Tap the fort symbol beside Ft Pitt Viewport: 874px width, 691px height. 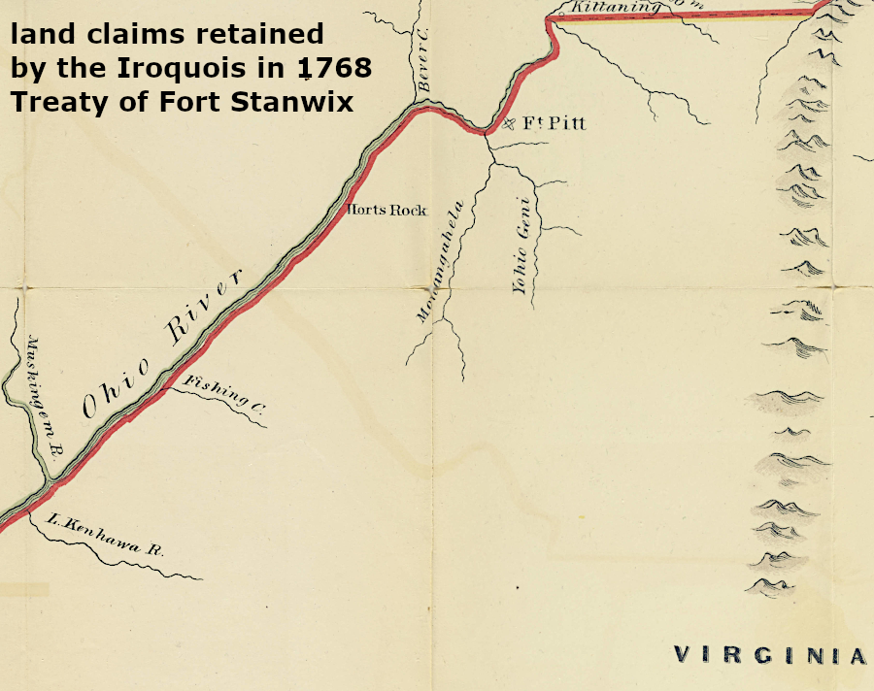tap(511, 123)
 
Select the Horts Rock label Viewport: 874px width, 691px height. tap(387, 210)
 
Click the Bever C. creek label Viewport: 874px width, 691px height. tap(423, 60)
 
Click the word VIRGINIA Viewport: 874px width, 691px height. tap(769, 656)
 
